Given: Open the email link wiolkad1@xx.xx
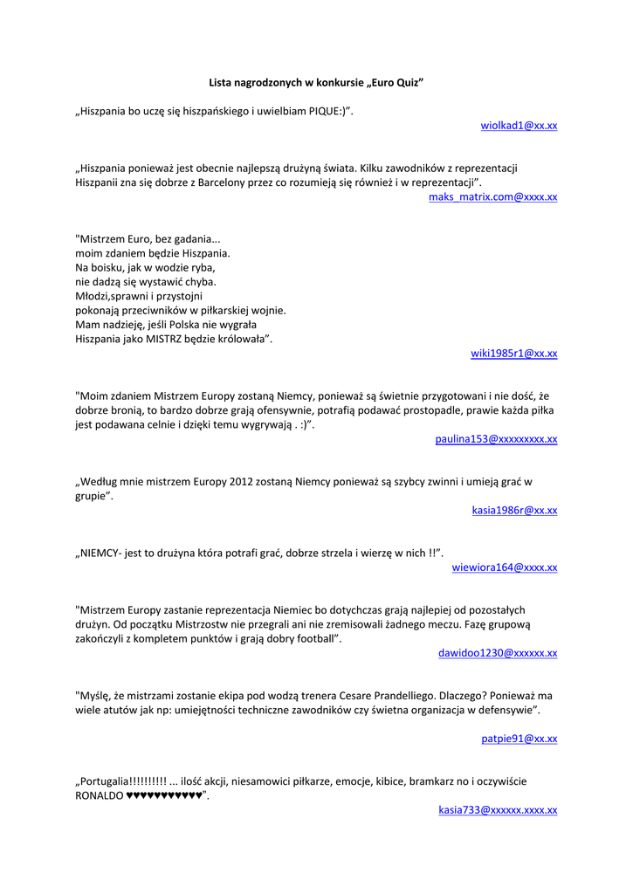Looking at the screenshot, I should [519, 126].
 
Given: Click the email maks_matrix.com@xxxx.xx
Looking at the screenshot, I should [492, 197].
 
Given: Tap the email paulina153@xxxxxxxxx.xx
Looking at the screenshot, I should [496, 439].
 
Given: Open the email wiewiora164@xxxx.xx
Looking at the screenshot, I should [504, 567].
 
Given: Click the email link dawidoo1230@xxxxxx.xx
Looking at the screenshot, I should [498, 653].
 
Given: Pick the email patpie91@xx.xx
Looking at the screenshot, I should [519, 739].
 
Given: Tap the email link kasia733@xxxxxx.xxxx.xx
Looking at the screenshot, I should [498, 810].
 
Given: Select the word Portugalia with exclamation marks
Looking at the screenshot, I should [123, 781].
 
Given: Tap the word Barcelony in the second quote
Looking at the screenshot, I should [237, 182].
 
